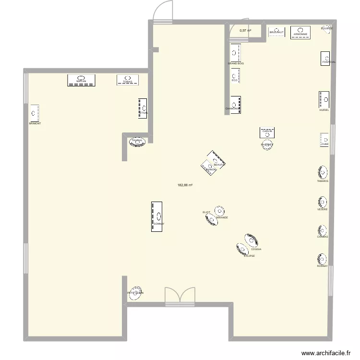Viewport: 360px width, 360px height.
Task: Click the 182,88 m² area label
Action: [x=185, y=185]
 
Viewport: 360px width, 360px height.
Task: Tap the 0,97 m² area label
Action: [x=245, y=31]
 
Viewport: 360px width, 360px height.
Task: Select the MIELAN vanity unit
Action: [x=81, y=80]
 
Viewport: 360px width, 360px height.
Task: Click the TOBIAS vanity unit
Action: [x=127, y=80]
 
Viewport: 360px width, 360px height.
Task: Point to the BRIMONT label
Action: [x=35, y=123]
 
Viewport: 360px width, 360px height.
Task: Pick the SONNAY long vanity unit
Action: [x=157, y=216]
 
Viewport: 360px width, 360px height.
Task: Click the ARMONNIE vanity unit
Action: [x=300, y=32]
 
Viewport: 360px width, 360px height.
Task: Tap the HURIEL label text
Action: [x=324, y=110]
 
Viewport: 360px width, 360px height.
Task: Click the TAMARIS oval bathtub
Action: [x=323, y=172]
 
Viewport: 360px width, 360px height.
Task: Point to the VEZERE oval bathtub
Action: [x=322, y=202]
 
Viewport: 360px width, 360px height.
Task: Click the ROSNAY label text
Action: [x=322, y=266]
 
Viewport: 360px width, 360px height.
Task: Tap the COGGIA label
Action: [x=256, y=250]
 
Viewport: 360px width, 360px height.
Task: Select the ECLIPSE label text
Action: [x=249, y=256]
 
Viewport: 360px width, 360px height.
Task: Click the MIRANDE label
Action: [x=222, y=217]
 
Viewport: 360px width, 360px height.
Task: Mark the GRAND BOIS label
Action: [x=236, y=63]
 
